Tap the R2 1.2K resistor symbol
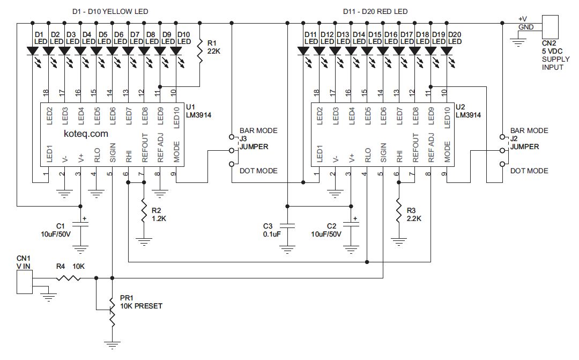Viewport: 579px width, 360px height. click(x=144, y=212)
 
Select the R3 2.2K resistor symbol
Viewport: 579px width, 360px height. click(x=398, y=212)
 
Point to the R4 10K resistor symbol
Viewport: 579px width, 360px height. click(x=68, y=278)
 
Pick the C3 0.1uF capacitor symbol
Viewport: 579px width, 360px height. click(x=287, y=226)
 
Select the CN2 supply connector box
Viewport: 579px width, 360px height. click(x=551, y=26)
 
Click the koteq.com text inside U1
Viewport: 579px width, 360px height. click(x=86, y=134)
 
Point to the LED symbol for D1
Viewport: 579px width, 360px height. click(x=33, y=52)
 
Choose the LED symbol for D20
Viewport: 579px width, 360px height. click(x=447, y=52)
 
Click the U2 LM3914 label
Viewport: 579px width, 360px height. click(x=468, y=111)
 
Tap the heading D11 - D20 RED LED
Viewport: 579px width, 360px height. click(x=375, y=11)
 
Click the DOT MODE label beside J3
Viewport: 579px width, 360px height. click(x=258, y=171)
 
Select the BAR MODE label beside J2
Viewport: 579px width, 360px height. click(x=529, y=130)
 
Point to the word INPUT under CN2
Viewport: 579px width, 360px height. click(x=553, y=67)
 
